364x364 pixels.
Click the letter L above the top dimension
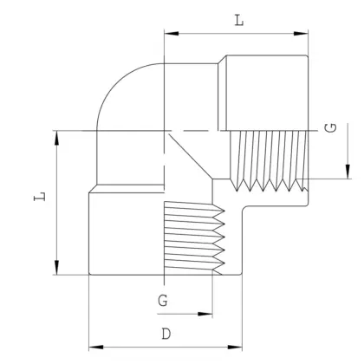click(239, 20)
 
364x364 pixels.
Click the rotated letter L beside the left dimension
click(40, 196)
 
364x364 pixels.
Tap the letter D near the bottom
click(166, 334)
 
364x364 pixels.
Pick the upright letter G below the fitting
click(163, 301)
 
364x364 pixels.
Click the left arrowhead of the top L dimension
click(171, 34)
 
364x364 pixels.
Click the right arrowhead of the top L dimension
click(301, 34)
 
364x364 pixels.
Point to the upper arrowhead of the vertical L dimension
click(56, 138)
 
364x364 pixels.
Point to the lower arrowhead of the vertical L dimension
click(56, 268)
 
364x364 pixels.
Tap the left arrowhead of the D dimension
click(96, 347)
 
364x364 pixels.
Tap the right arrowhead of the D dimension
click(235, 347)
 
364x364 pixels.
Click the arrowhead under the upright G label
click(205, 314)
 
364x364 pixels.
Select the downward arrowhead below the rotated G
click(348, 172)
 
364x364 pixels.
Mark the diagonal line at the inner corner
click(191, 156)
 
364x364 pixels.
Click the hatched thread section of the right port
click(269, 160)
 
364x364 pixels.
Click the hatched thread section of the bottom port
click(194, 238)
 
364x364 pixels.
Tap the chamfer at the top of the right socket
click(222, 60)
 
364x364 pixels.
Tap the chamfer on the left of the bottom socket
click(93, 189)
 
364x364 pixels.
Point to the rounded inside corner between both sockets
click(244, 208)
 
